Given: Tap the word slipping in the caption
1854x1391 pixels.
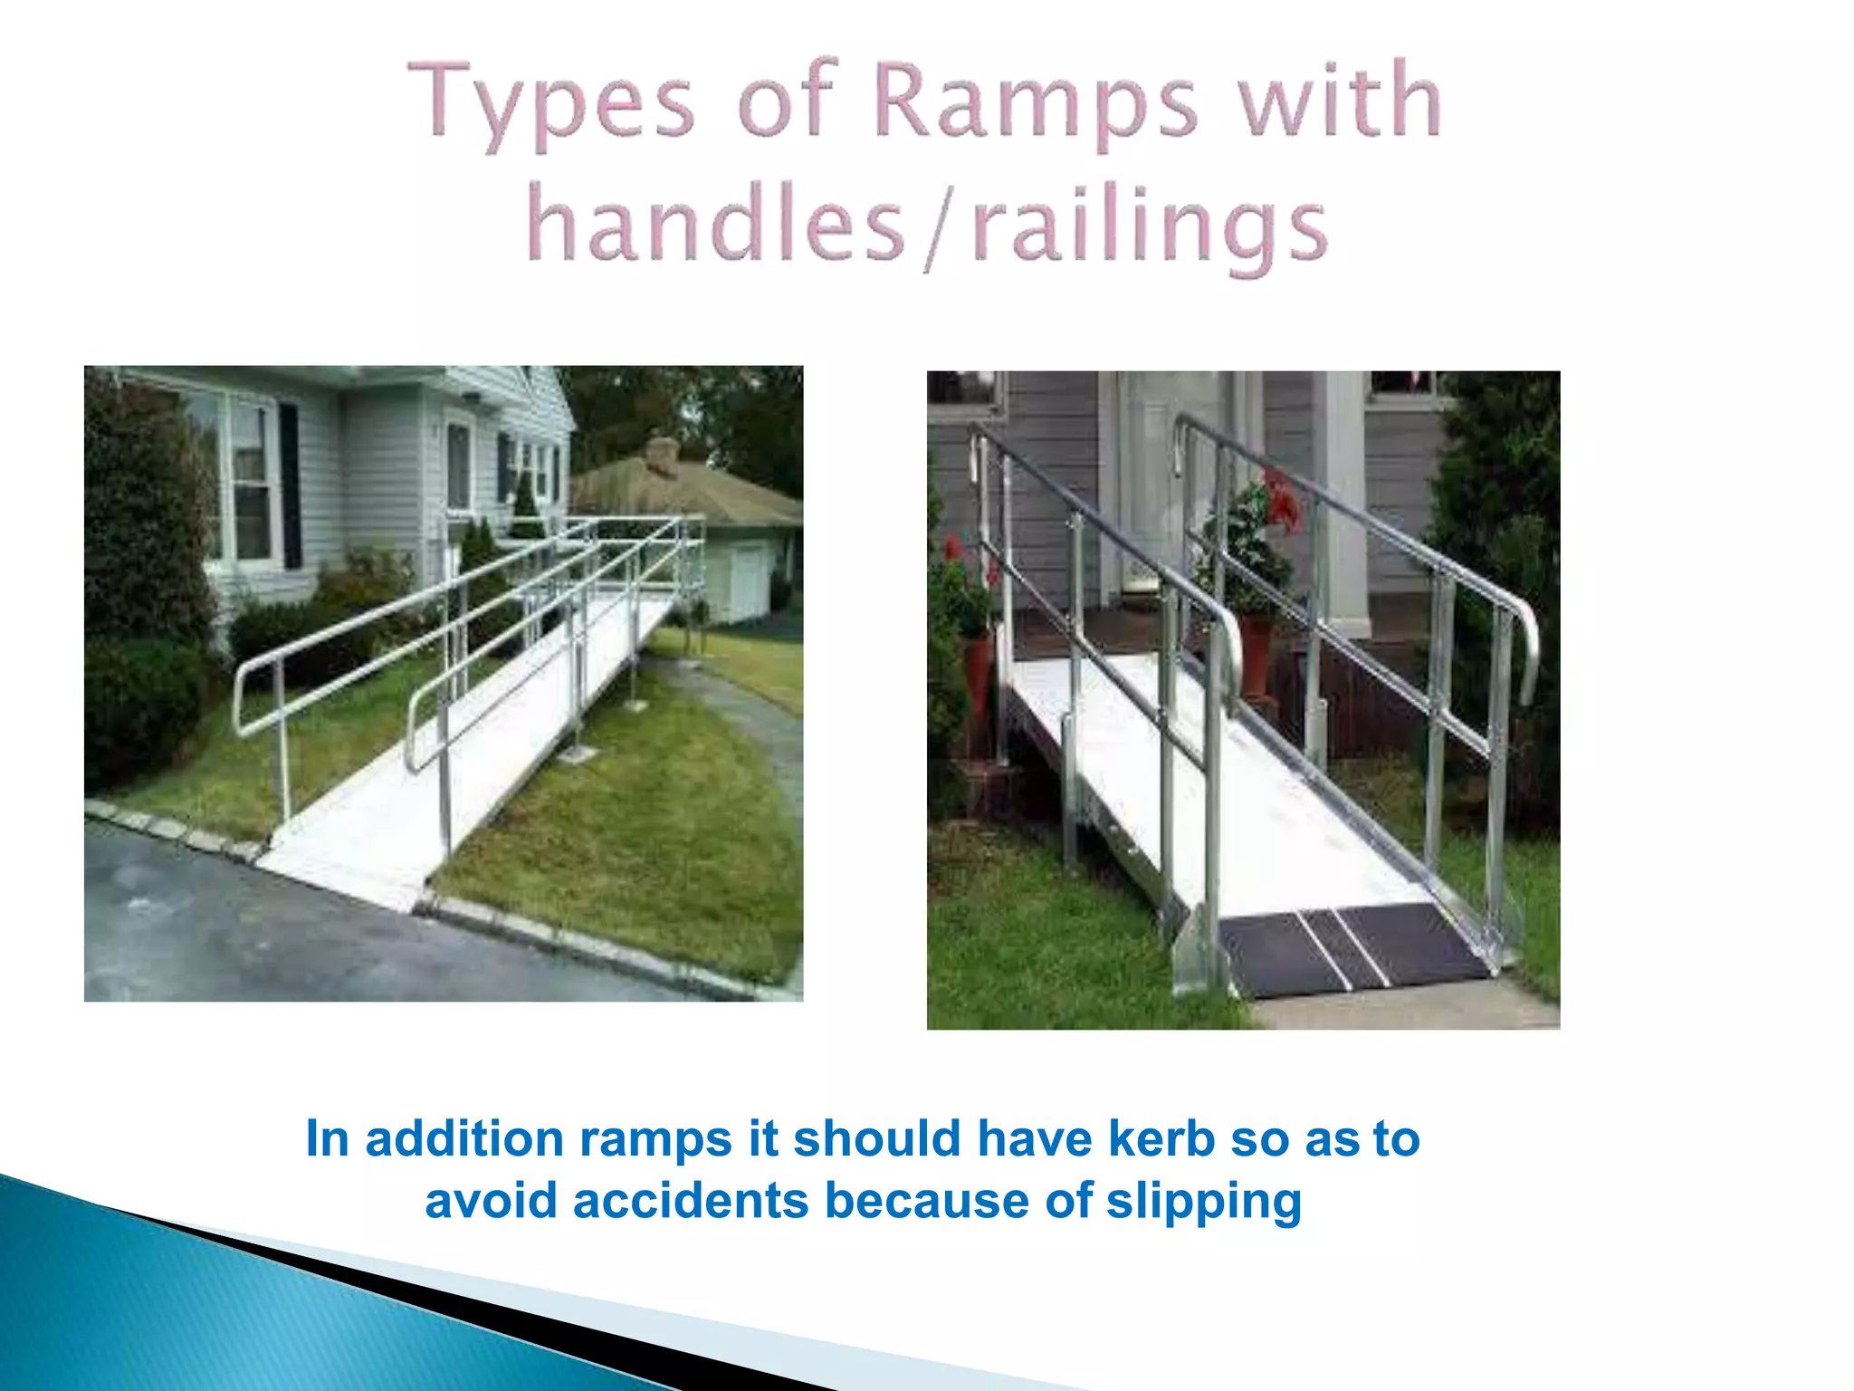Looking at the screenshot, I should tap(1203, 1202).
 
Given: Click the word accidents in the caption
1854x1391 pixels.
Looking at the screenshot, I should tap(691, 1202).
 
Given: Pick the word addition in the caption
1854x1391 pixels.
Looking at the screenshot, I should tap(464, 1138).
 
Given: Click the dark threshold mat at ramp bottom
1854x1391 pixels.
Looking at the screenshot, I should tap(1349, 951).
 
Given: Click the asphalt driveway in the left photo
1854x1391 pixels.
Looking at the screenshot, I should tap(272, 933).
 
